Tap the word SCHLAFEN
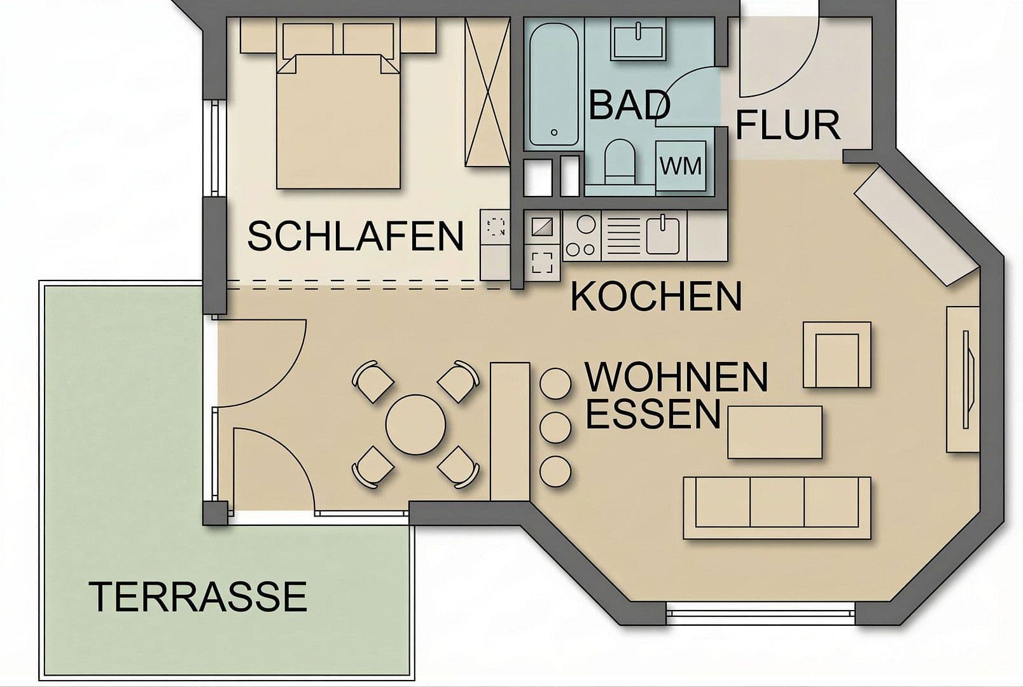pyautogui.click(x=355, y=236)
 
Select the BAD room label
pyautogui.click(x=629, y=106)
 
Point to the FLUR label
pyautogui.click(x=788, y=125)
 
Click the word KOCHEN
pyautogui.click(x=656, y=296)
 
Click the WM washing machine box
pyautogui.click(x=681, y=166)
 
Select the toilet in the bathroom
pyautogui.click(x=619, y=160)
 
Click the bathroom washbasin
pyautogui.click(x=638, y=38)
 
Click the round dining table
pyautogui.click(x=415, y=424)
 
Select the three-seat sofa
pyautogui.click(x=777, y=508)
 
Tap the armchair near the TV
pyautogui.click(x=837, y=354)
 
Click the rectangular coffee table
pyautogui.click(x=774, y=432)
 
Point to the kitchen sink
pyautogui.click(x=662, y=235)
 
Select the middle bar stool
pyautogui.click(x=555, y=427)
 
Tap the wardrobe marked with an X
pyautogui.click(x=487, y=92)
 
